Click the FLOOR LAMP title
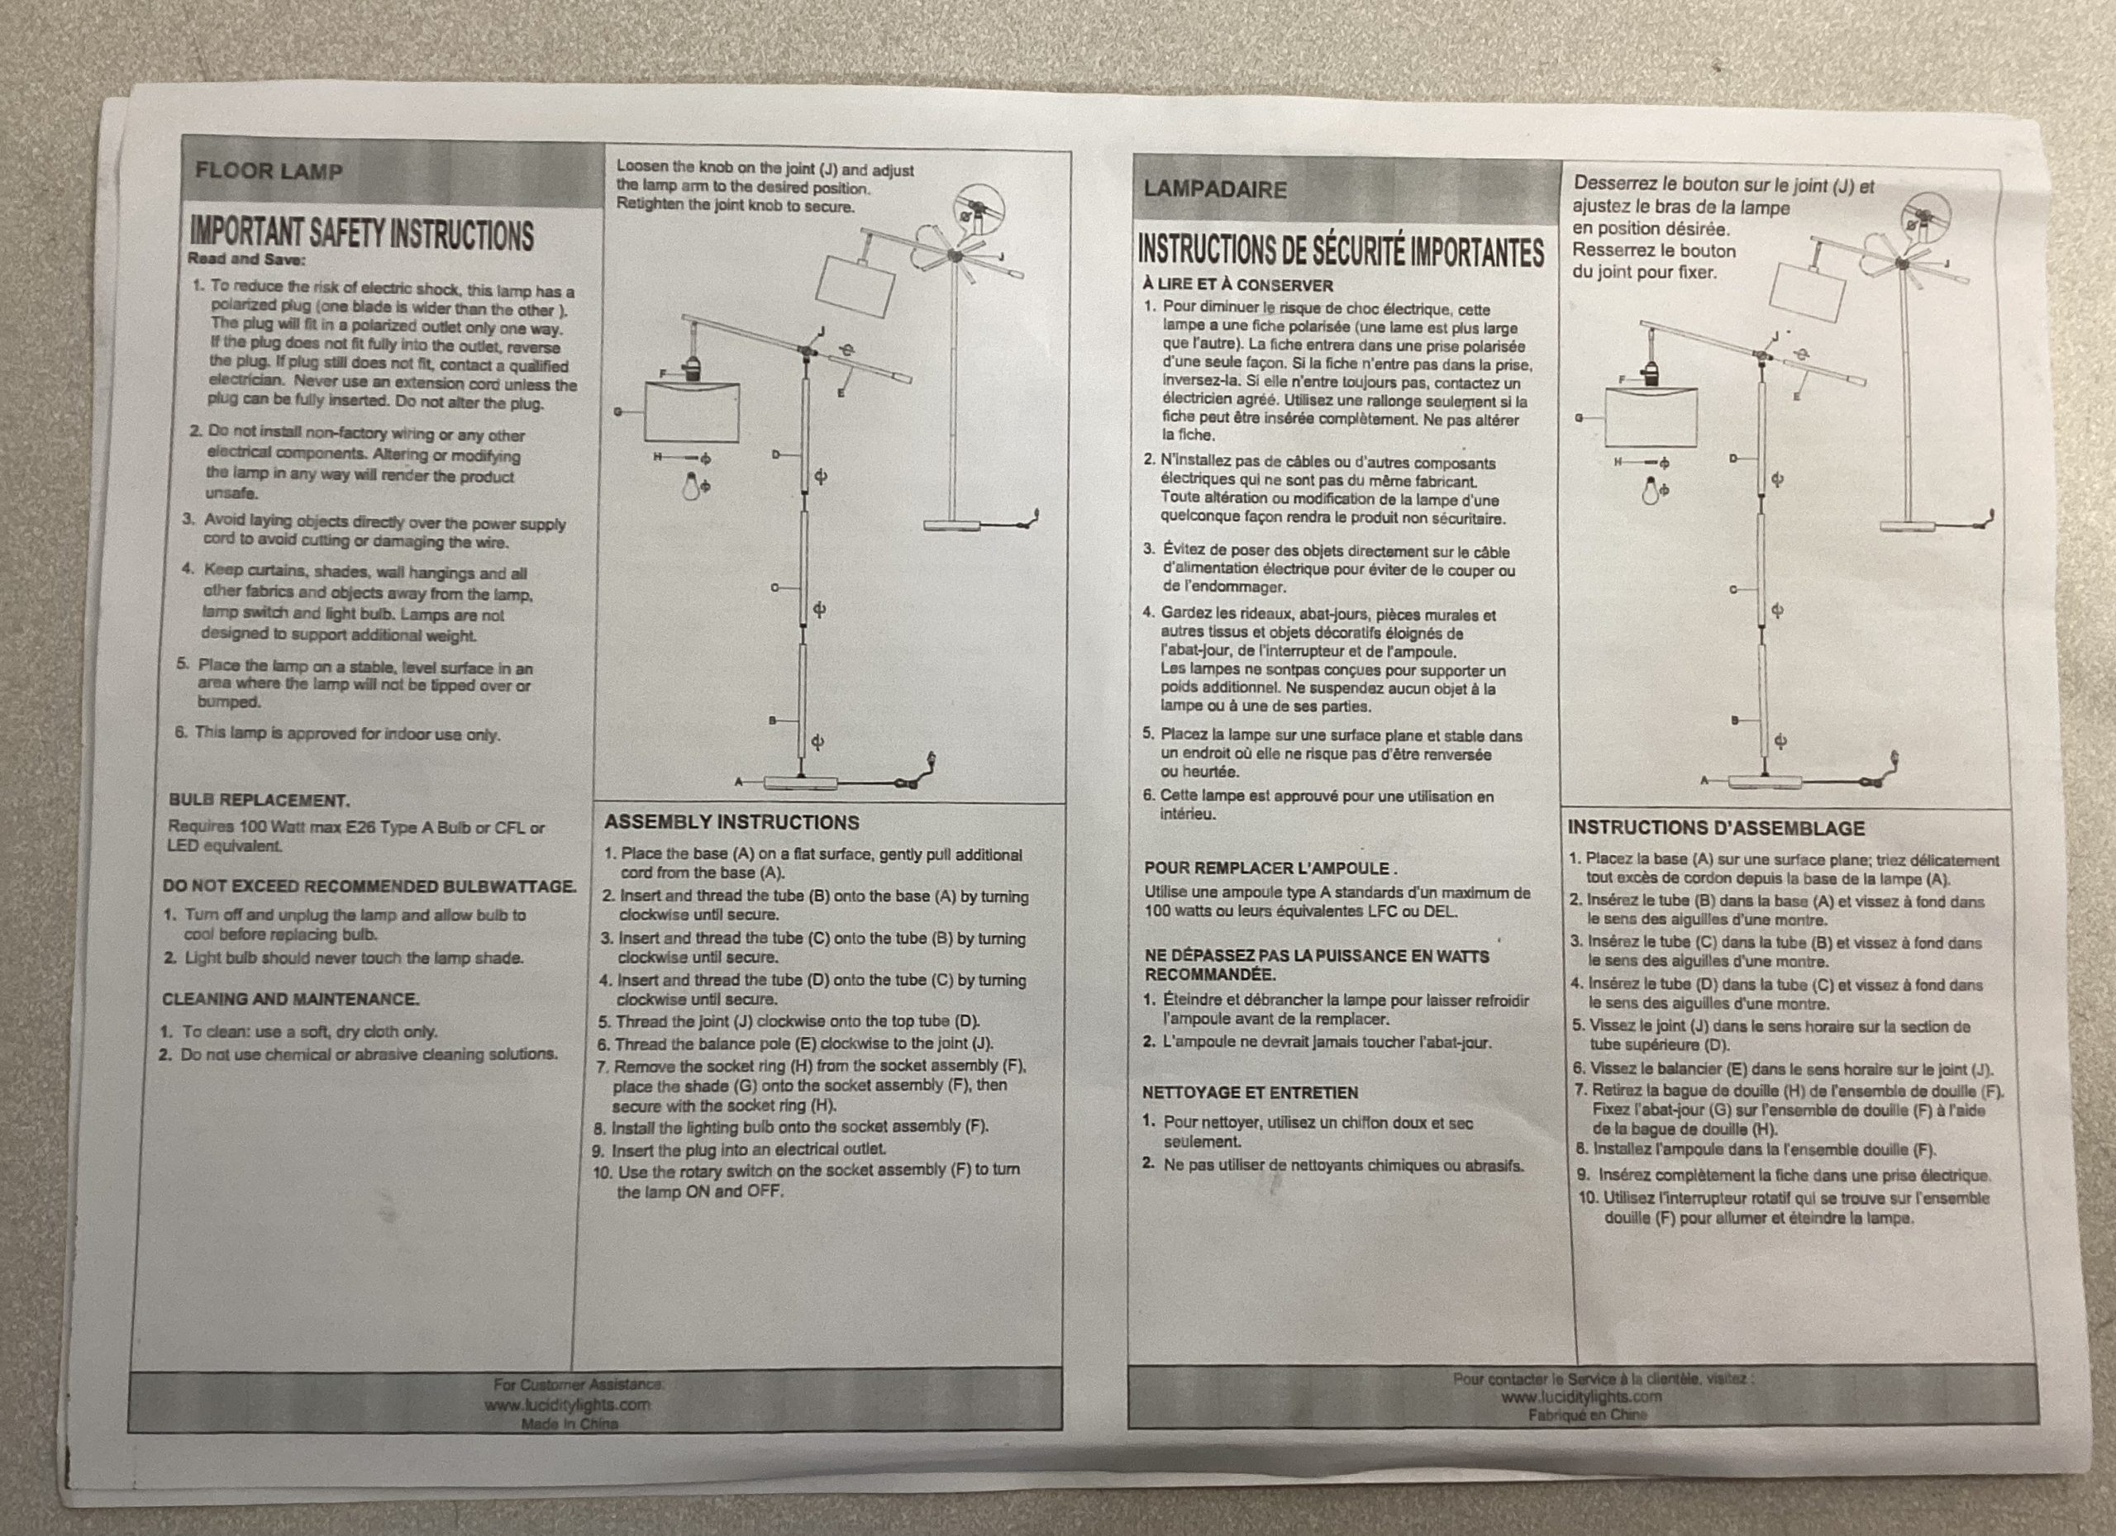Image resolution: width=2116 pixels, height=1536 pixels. (269, 172)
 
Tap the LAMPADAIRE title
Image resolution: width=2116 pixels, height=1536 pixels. (1215, 189)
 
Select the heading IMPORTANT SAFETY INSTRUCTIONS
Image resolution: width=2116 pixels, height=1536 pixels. (361, 233)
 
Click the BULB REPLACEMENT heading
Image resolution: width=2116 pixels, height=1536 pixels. (260, 800)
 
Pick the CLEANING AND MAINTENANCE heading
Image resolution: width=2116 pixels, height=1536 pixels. (290, 999)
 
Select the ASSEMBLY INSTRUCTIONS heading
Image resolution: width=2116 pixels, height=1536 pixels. (732, 823)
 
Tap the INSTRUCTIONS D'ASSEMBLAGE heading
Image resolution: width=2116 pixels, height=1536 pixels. (1716, 828)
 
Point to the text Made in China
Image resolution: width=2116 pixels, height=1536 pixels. (570, 1424)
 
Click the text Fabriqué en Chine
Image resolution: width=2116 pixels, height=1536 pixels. (1587, 1415)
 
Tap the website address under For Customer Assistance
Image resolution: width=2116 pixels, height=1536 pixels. (567, 1405)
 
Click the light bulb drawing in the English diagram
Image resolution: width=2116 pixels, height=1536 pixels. (691, 486)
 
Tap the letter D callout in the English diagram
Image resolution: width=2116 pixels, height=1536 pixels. (775, 455)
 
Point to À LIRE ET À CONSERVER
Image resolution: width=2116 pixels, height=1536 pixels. (1237, 285)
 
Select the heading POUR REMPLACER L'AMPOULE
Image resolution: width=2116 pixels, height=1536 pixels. (1270, 868)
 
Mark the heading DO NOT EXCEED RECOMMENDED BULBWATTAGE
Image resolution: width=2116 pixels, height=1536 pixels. (369, 886)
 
